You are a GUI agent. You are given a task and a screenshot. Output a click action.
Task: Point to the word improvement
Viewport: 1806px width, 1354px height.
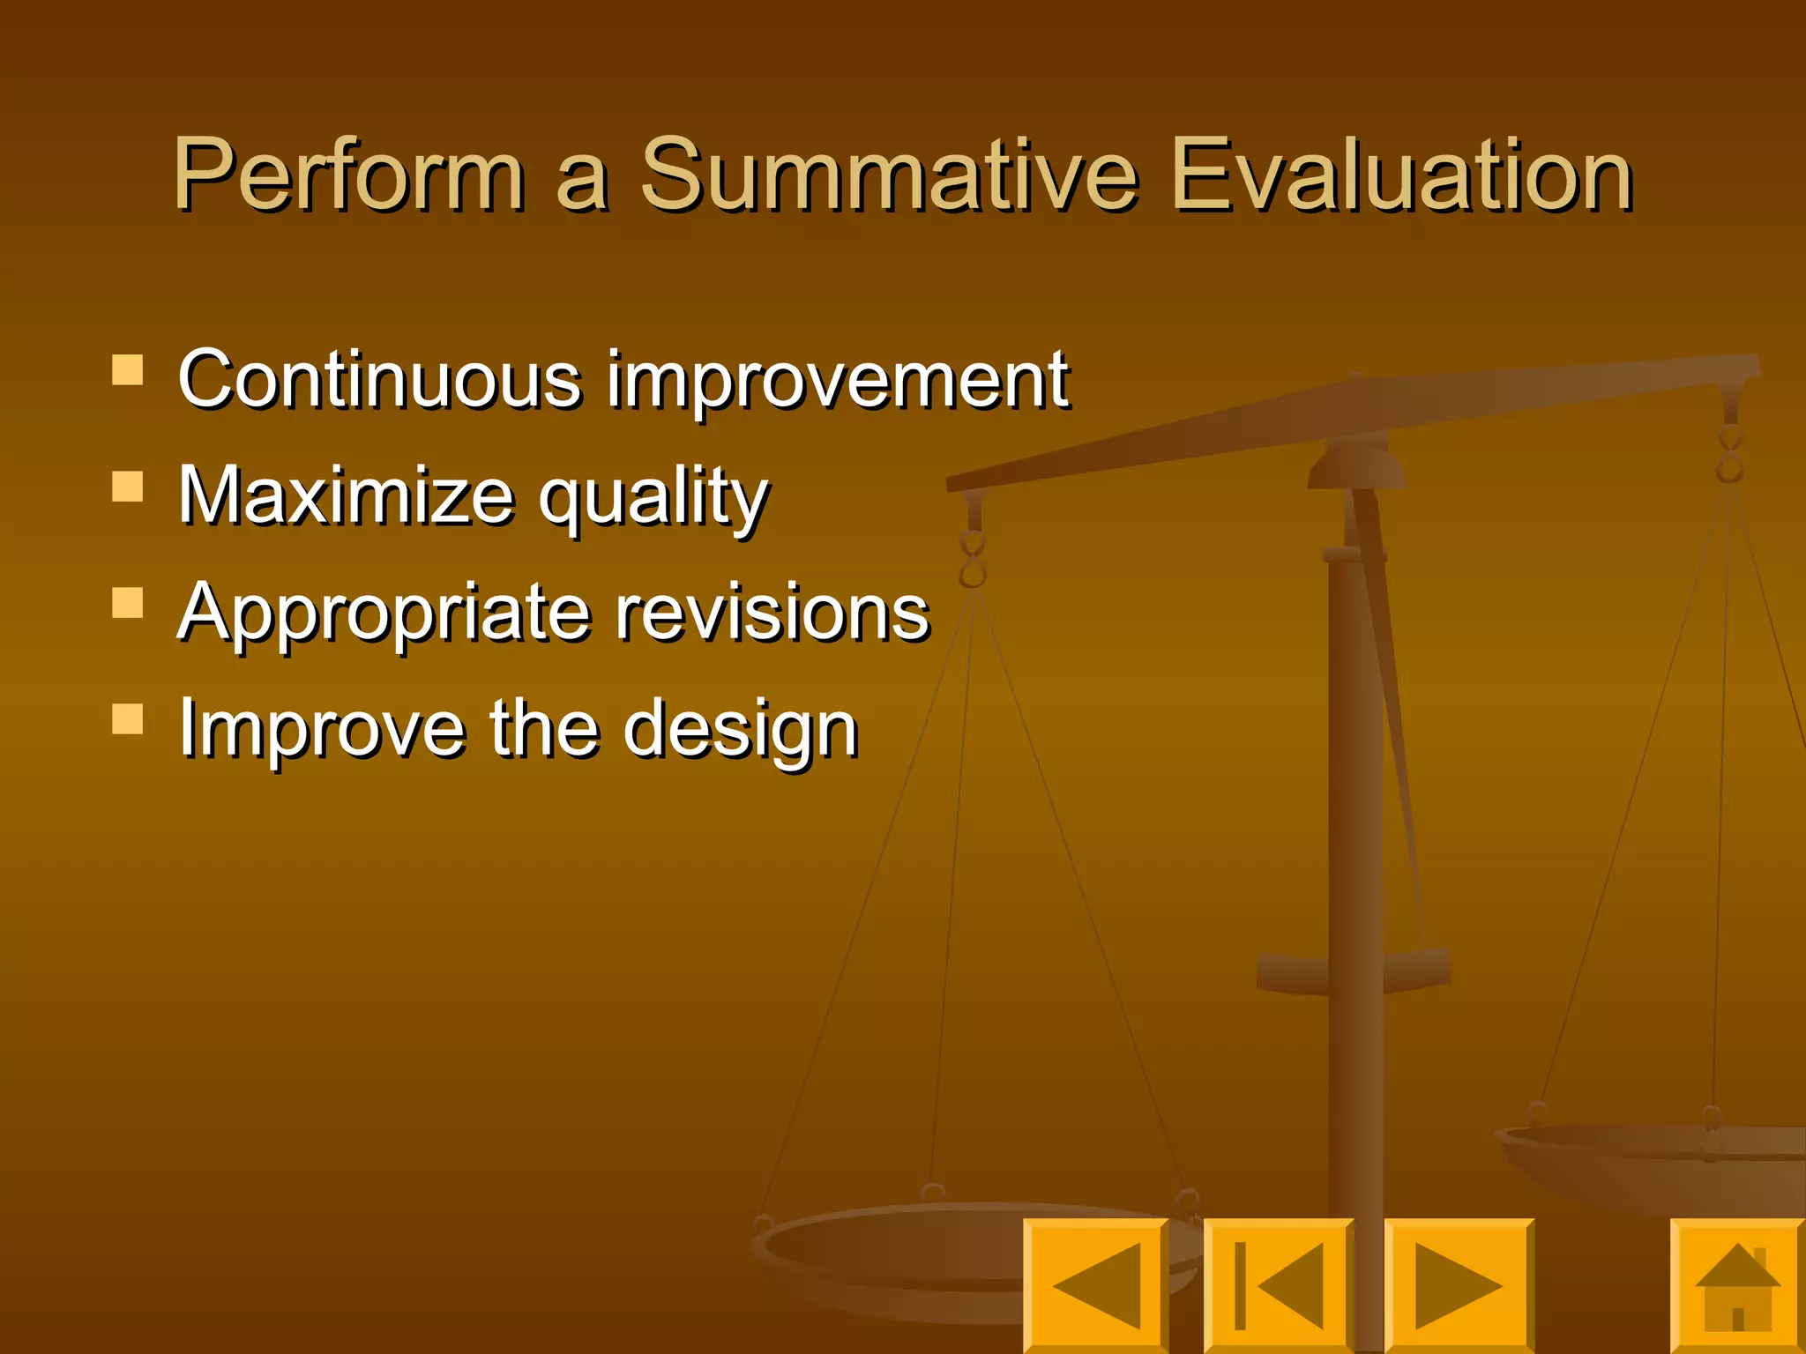838,381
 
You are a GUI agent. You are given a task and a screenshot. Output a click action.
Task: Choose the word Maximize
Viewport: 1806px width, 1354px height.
346,495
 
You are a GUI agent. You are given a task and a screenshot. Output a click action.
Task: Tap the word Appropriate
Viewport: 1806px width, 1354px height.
383,614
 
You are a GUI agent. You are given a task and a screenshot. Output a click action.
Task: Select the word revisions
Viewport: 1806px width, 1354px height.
772,612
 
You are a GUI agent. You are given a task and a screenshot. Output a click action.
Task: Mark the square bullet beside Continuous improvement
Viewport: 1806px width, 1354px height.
128,370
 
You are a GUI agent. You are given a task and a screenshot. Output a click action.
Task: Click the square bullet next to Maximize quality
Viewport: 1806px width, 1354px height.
128,487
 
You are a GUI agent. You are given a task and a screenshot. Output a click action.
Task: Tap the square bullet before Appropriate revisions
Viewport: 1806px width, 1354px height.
128,603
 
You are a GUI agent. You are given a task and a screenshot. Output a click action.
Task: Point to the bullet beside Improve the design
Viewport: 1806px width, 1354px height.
128,719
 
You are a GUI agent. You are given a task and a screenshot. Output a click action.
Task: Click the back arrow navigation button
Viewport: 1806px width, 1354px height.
1095,1285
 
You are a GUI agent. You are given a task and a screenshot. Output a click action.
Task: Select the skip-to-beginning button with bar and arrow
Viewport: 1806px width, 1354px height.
1278,1285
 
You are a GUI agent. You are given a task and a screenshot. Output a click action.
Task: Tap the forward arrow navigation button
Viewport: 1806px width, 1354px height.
1459,1285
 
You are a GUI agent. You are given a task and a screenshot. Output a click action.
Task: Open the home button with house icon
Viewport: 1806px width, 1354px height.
1738,1285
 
